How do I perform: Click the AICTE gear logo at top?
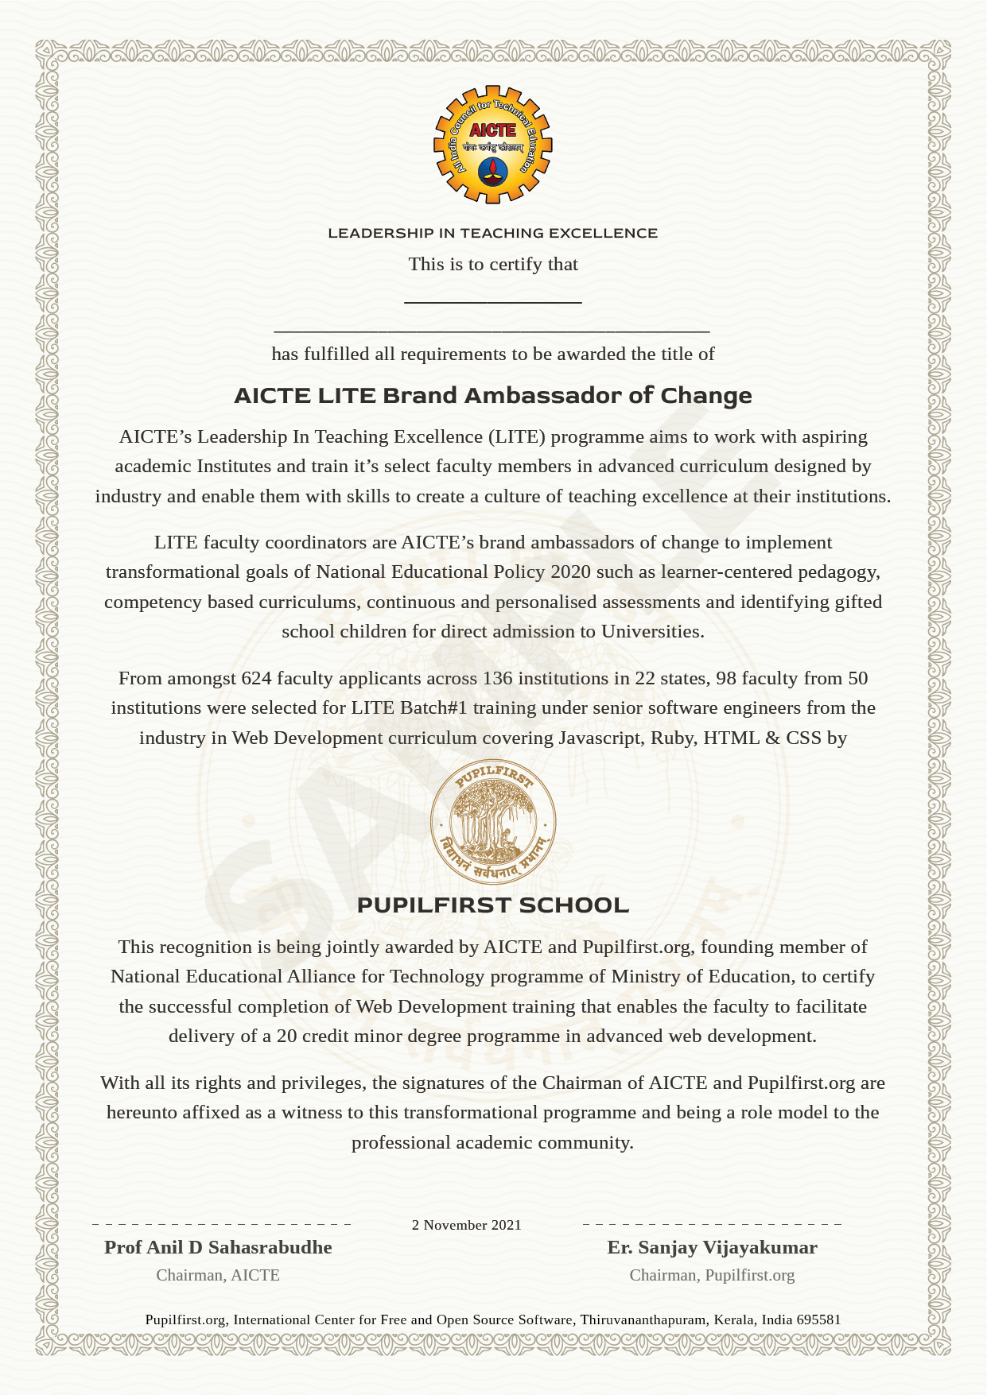pyautogui.click(x=493, y=145)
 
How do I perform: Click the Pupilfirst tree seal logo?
pyautogui.click(x=493, y=822)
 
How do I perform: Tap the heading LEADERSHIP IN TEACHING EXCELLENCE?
pyautogui.click(x=493, y=233)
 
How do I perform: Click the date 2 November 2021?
pyautogui.click(x=466, y=1225)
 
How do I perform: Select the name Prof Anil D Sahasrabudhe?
pyautogui.click(x=218, y=1247)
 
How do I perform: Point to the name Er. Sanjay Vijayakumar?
pyautogui.click(x=712, y=1247)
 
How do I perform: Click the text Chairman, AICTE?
pyautogui.click(x=218, y=1275)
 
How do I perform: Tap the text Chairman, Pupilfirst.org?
pyautogui.click(x=712, y=1275)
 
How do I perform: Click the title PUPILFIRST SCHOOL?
pyautogui.click(x=493, y=905)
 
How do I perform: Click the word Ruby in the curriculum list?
pyautogui.click(x=672, y=738)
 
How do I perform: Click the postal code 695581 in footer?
pyautogui.click(x=818, y=1319)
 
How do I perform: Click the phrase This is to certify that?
pyautogui.click(x=493, y=264)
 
